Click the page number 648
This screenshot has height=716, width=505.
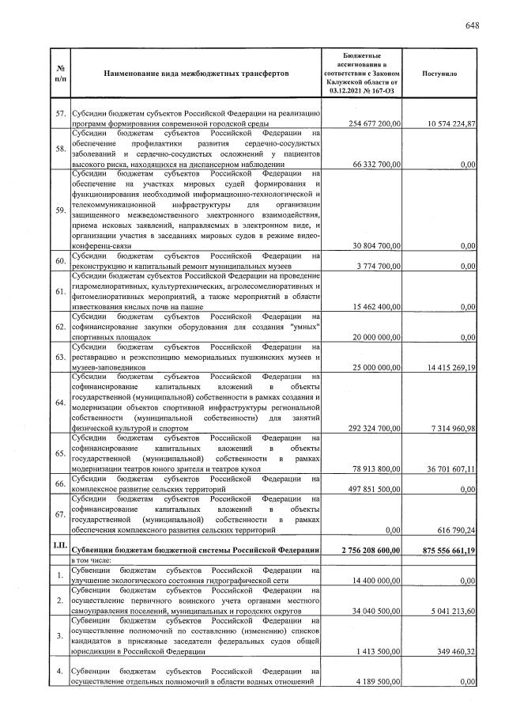(472, 26)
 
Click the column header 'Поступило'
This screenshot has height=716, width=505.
(439, 73)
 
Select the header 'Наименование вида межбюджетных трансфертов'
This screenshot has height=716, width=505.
(196, 73)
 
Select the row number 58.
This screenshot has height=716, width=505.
(61, 149)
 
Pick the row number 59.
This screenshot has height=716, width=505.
(61, 210)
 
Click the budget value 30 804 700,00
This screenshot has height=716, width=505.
(371, 246)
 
